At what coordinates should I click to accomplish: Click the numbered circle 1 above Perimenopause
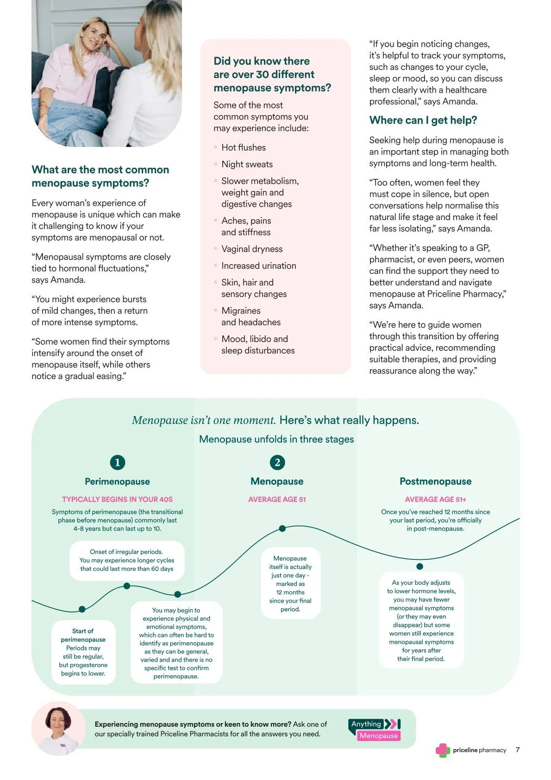(118, 462)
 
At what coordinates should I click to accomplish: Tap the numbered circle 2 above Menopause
(277, 462)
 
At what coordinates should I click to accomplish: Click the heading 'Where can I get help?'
(423, 120)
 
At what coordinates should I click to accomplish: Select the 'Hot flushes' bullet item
(244, 147)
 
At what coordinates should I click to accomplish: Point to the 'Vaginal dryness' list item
(252, 249)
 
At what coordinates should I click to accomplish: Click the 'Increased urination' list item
(258, 266)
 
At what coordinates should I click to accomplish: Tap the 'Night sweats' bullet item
(247, 164)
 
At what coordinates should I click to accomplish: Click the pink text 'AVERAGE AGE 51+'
(435, 499)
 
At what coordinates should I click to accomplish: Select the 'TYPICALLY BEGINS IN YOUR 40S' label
(117, 499)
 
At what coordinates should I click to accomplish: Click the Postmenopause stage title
(435, 481)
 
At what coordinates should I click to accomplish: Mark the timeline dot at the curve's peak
(282, 528)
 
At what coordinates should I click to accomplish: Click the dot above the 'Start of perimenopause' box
(82, 609)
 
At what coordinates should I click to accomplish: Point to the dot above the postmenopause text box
(420, 566)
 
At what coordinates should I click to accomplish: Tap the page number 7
(518, 749)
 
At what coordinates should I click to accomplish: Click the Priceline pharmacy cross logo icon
(443, 750)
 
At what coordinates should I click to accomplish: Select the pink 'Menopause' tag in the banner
(378, 736)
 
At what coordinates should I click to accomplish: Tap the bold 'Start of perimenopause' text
(83, 635)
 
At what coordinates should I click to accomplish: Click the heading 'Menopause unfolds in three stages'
(276, 439)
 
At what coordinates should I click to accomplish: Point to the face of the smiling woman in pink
(94, 41)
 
